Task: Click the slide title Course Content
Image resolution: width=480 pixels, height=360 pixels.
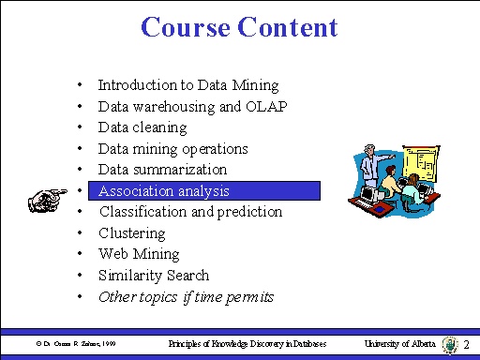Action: pos(239,27)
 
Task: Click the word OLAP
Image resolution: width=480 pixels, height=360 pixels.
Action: pos(267,106)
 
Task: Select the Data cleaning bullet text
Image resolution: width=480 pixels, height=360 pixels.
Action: pos(142,127)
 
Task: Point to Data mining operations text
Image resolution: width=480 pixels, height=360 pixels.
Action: pos(172,149)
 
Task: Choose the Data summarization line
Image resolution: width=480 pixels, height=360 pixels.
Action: pos(162,170)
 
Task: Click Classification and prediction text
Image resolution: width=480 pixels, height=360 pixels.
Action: pos(190,212)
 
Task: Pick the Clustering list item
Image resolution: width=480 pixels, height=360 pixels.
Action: pos(131,233)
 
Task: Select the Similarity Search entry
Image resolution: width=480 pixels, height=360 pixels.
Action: pos(154,276)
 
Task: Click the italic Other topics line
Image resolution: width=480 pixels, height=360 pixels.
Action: pos(186,297)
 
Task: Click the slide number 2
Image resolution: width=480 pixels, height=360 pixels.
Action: pos(466,345)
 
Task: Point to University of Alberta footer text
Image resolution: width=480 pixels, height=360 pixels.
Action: pos(400,345)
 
